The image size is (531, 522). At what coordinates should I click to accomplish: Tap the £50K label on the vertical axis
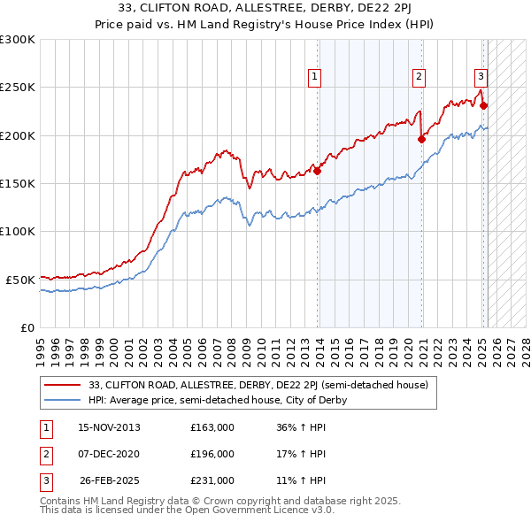tap(21, 280)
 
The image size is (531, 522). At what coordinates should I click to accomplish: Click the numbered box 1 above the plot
tap(316, 77)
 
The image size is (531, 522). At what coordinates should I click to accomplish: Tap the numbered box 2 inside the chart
tap(418, 77)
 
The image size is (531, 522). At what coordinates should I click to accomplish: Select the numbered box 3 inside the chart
tap(480, 77)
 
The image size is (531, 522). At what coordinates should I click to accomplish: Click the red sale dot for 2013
tap(317, 171)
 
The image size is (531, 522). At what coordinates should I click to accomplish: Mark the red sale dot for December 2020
tap(422, 139)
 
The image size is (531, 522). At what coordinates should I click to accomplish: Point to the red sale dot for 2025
tap(484, 105)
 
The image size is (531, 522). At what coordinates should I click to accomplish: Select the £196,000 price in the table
tap(212, 454)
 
